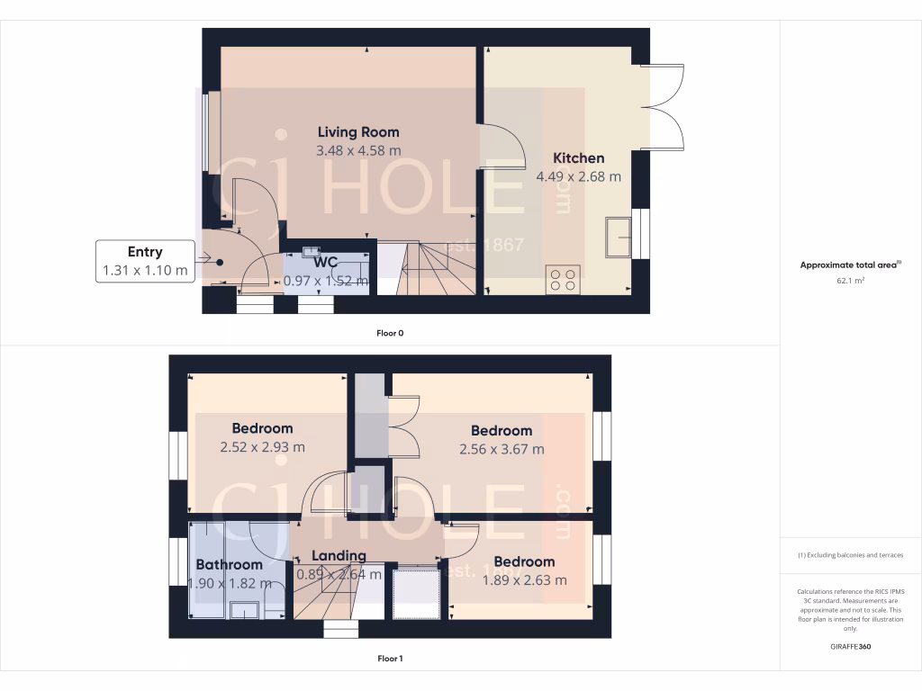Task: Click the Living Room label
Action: (x=357, y=132)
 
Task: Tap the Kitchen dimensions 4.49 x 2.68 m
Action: (x=578, y=176)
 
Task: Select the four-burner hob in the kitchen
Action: (x=563, y=279)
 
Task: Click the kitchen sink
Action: (x=618, y=237)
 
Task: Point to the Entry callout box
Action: (x=145, y=261)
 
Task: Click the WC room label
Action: (x=325, y=262)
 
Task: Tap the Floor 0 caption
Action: (x=389, y=333)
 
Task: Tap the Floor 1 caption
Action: (x=389, y=659)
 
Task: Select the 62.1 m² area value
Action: (x=850, y=281)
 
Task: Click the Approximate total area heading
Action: (x=850, y=265)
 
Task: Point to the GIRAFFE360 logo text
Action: (x=850, y=647)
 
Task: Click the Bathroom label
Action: (x=229, y=564)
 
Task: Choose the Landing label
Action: (x=339, y=555)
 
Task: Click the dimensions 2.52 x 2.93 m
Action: (x=262, y=446)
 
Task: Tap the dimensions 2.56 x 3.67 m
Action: (x=501, y=449)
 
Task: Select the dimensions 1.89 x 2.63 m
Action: (x=523, y=580)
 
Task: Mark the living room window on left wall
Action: (x=205, y=132)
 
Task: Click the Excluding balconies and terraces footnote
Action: (x=850, y=555)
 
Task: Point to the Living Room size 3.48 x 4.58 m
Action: (x=357, y=151)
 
